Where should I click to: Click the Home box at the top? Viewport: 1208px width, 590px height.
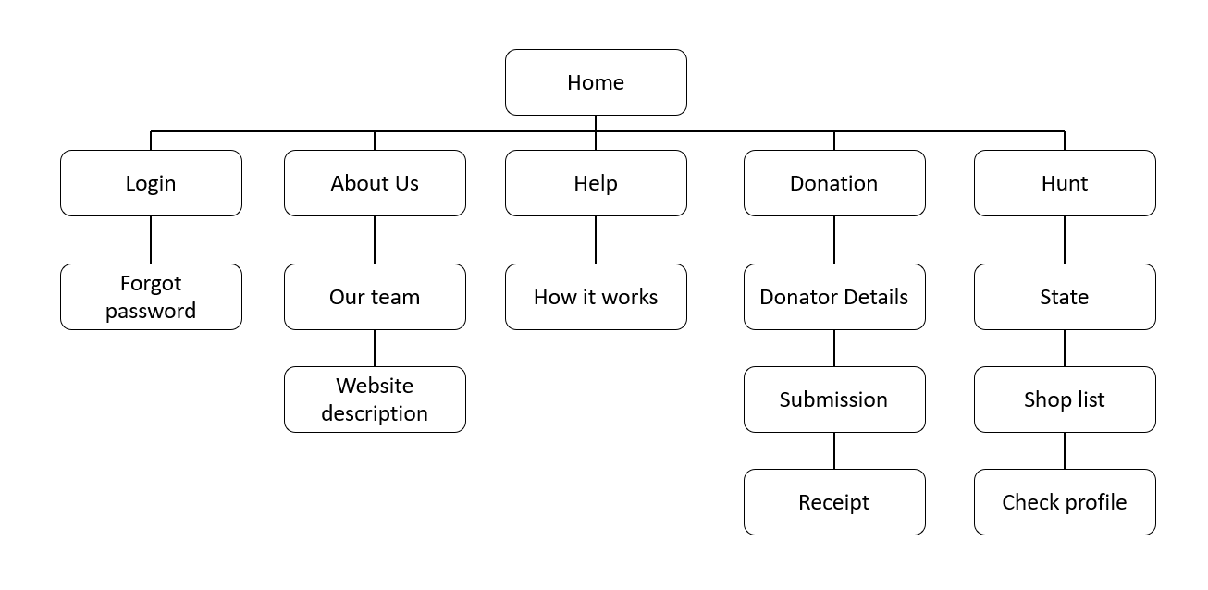tap(596, 82)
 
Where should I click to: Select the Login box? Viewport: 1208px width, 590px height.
tap(151, 183)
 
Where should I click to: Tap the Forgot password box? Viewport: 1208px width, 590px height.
tap(151, 297)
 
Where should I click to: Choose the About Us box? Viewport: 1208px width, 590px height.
tap(375, 183)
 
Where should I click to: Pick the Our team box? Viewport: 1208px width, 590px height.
tap(375, 297)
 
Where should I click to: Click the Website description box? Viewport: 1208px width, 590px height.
tap(375, 399)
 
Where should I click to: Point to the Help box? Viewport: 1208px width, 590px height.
tap(596, 183)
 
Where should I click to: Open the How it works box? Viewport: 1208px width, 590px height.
tap(596, 297)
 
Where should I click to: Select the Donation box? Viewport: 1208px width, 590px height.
tap(834, 183)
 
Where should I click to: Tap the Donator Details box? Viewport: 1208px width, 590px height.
tap(834, 297)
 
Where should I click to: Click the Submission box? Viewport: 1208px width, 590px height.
tap(834, 399)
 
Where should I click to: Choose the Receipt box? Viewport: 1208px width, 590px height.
tap(834, 502)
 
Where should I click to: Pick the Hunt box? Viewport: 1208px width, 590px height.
tap(1065, 183)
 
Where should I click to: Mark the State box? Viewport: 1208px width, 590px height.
tap(1065, 297)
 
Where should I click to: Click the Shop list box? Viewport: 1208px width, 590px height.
tap(1065, 399)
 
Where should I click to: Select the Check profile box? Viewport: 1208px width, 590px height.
tap(1065, 502)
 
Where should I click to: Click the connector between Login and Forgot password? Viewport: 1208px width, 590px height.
tap(151, 240)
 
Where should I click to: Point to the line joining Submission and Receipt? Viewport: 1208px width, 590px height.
tap(834, 451)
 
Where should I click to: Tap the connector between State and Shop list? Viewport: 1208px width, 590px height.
tap(1065, 349)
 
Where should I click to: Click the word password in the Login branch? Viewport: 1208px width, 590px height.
tap(151, 311)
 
